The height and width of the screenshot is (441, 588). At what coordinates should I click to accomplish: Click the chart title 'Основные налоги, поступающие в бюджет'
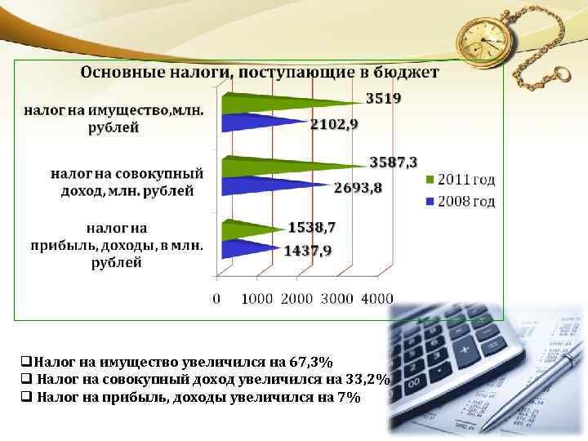click(x=259, y=73)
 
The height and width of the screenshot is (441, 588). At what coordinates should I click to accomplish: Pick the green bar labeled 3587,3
click(x=286, y=163)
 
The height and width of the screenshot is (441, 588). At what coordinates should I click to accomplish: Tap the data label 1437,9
click(x=308, y=251)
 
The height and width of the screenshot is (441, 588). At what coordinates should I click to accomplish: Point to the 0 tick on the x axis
click(x=216, y=299)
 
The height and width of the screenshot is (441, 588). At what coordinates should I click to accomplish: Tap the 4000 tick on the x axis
click(x=376, y=299)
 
